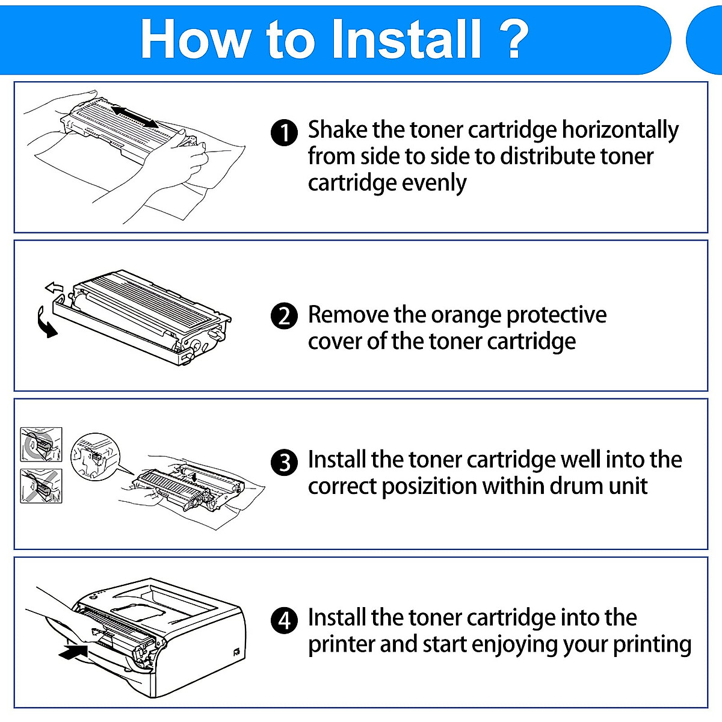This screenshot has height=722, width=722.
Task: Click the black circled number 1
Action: (284, 133)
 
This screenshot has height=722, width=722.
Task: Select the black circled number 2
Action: (284, 316)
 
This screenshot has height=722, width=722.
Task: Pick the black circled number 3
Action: (284, 463)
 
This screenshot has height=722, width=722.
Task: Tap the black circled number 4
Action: (284, 620)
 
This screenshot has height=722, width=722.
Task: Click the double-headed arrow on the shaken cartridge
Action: (135, 116)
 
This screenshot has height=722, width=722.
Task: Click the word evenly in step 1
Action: (434, 183)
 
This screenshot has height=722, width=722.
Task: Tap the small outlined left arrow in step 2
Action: (54, 287)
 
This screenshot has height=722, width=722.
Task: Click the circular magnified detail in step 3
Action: (95, 455)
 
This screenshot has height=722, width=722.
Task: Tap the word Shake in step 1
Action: (337, 130)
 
